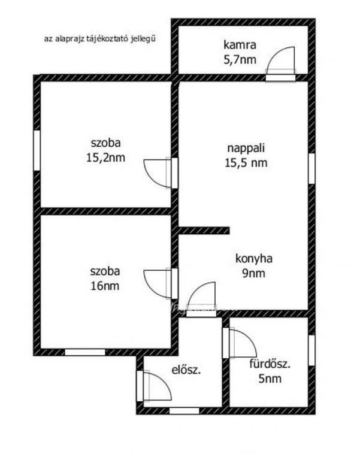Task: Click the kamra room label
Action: click(x=240, y=45)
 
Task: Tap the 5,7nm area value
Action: click(x=240, y=60)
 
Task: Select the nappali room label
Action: click(x=246, y=148)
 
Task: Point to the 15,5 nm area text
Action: click(x=246, y=163)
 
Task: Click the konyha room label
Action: click(x=254, y=259)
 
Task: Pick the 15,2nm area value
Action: click(x=105, y=158)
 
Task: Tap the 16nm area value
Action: click(x=105, y=286)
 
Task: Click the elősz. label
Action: click(x=186, y=370)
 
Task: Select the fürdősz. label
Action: click(x=270, y=364)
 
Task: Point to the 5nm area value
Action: click(x=270, y=379)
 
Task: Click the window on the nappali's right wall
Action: click(x=311, y=168)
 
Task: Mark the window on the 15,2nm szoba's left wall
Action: click(x=37, y=150)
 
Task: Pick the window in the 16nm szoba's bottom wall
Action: click(x=85, y=352)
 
